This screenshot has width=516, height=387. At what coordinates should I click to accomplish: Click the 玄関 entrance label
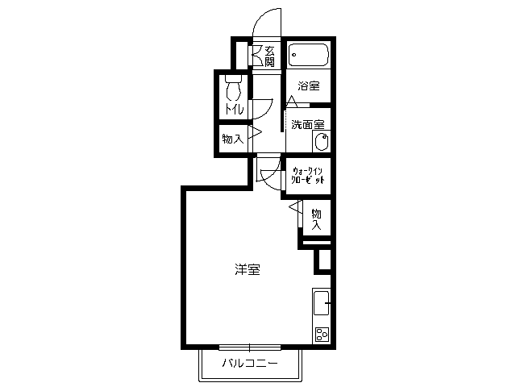pyautogui.click(x=269, y=56)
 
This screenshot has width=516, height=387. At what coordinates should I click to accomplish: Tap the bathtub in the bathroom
pyautogui.click(x=308, y=55)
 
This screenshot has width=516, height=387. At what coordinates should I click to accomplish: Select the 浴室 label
pyautogui.click(x=309, y=86)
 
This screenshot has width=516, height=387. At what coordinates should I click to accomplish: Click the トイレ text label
pyautogui.click(x=234, y=109)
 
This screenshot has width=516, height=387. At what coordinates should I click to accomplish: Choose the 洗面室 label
pyautogui.click(x=308, y=125)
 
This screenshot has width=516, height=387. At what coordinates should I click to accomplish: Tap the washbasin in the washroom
pyautogui.click(x=322, y=142)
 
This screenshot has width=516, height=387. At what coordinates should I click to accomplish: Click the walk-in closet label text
pyautogui.click(x=308, y=176)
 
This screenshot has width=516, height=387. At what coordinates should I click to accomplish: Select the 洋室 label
pyautogui.click(x=248, y=269)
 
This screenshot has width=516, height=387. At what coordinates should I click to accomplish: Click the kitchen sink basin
pyautogui.click(x=322, y=303)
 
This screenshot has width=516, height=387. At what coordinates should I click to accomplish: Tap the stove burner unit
pyautogui.click(x=322, y=335)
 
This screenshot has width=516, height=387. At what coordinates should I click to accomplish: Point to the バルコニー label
pyautogui.click(x=250, y=364)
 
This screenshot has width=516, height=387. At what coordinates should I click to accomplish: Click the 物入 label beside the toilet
pyautogui.click(x=233, y=139)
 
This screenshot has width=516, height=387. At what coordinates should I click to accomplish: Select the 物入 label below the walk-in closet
pyautogui.click(x=316, y=218)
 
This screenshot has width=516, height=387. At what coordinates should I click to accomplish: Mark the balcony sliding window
pyautogui.click(x=250, y=347)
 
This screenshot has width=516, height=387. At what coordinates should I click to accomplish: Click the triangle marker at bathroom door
pyautogui.click(x=292, y=102)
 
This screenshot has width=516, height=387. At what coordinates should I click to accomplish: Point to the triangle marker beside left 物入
pyautogui.click(x=255, y=132)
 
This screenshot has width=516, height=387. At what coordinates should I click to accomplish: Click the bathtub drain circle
pyautogui.click(x=293, y=55)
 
